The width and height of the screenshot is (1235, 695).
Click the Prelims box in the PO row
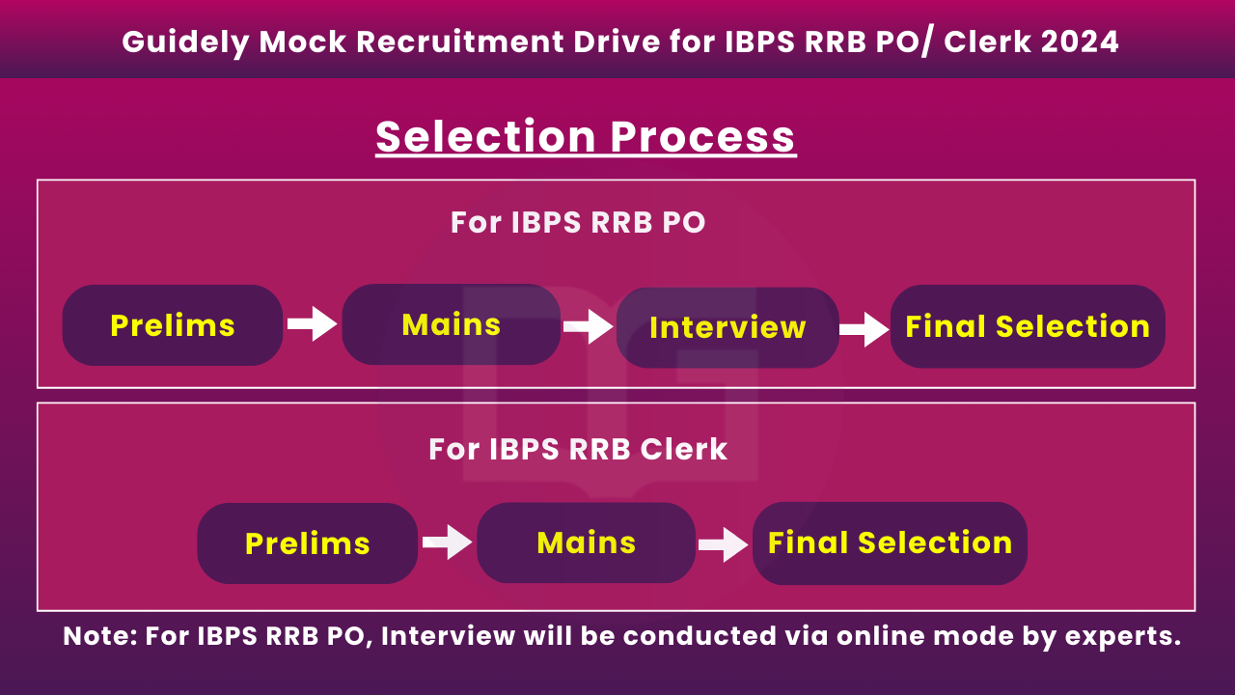tap(173, 325)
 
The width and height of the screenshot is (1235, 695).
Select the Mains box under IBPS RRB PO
tap(451, 324)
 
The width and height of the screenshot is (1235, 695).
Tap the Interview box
tap(727, 327)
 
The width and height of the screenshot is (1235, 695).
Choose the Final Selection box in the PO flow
tap(1028, 326)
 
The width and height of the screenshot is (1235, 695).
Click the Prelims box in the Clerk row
tap(308, 543)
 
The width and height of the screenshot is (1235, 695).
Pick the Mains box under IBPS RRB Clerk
tap(586, 542)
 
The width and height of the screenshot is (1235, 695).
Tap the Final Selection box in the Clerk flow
tap(890, 543)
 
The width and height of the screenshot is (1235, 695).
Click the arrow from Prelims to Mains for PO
tap(312, 323)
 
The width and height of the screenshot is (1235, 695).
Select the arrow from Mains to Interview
tap(588, 326)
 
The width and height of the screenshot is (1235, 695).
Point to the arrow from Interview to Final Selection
tap(864, 329)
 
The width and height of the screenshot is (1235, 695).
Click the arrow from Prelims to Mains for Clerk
tap(447, 542)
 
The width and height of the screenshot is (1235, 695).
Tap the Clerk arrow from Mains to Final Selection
tap(723, 545)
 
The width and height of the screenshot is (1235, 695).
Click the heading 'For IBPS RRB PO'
tap(578, 222)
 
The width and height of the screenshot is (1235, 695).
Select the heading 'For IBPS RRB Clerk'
tap(578, 449)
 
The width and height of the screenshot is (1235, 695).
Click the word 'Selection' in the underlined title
tap(485, 136)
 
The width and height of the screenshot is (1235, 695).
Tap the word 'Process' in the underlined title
tap(702, 136)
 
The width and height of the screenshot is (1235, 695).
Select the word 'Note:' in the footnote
tap(99, 636)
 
